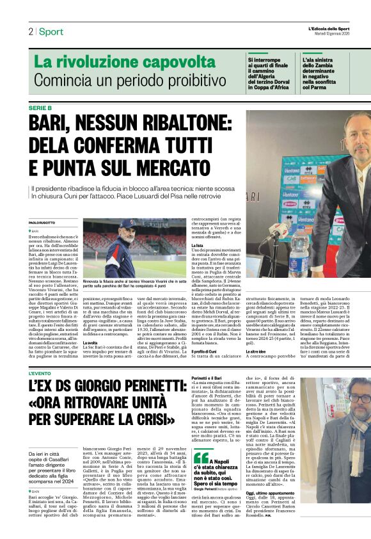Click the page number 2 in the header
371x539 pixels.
pyautogui.click(x=30, y=31)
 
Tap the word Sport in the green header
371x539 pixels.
pyautogui.click(x=51, y=31)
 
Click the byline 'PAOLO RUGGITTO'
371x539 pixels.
pyautogui.click(x=43, y=222)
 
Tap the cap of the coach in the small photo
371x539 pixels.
pyautogui.click(x=128, y=223)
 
